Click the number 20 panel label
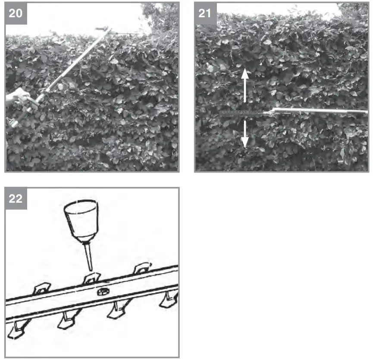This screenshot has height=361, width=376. (16, 13)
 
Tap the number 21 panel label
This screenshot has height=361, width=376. (205, 13)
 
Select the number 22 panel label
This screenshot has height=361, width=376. (16, 199)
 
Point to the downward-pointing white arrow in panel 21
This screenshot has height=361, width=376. (244, 134)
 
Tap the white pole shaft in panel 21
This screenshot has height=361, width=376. (319, 111)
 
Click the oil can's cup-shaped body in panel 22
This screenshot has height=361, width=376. (81, 220)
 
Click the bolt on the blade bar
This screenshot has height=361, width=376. (103, 292)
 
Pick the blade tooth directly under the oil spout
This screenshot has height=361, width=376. (91, 278)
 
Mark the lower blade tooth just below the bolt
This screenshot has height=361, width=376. (116, 309)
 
